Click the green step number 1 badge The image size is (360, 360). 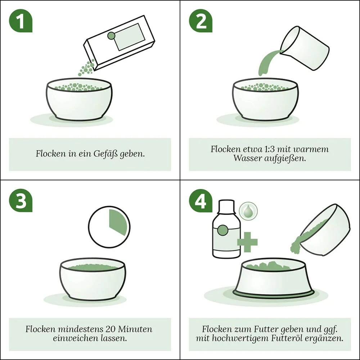tap(21, 21)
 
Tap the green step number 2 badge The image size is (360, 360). tap(201, 21)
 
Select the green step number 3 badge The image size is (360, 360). tap(21, 201)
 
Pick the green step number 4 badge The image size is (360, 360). tap(201, 201)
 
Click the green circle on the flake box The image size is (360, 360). tap(111, 36)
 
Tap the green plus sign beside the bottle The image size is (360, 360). tap(247, 242)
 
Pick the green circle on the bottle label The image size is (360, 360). tap(222, 230)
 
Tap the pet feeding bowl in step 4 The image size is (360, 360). tap(273, 279)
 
